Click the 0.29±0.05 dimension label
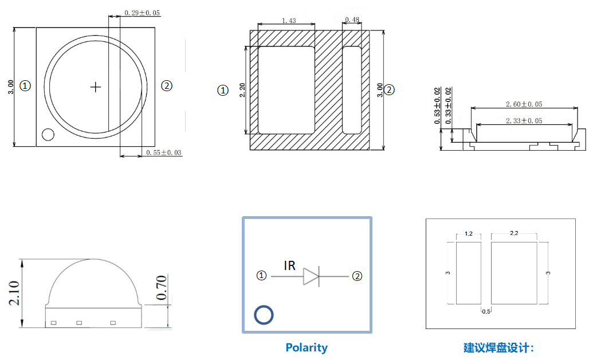point(142,12)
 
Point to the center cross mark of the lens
point(96,87)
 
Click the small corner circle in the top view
point(48,135)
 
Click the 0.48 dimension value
point(352,21)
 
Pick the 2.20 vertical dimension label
point(242,90)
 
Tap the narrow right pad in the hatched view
point(352,90)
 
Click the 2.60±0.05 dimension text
point(524,104)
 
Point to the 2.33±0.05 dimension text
point(524,121)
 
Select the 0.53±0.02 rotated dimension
point(438,106)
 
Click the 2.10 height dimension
point(14,293)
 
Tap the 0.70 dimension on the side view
point(161,288)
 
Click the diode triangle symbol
point(311,276)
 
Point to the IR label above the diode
point(290,265)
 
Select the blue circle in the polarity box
point(264,315)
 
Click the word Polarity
point(307,347)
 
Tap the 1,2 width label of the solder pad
point(468,234)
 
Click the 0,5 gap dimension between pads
point(485,311)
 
